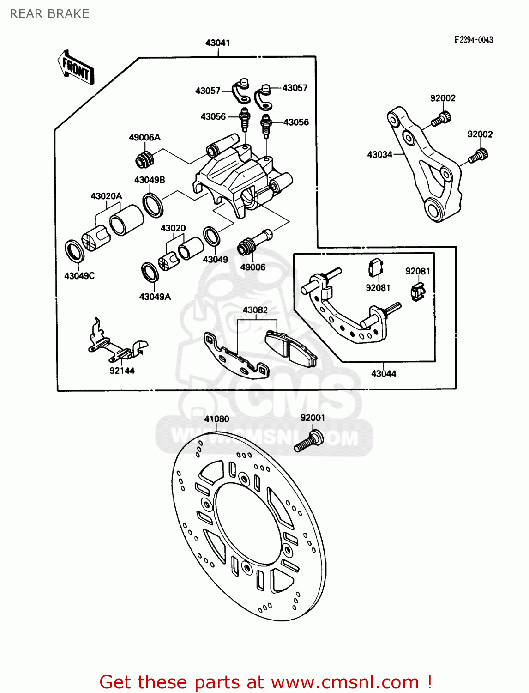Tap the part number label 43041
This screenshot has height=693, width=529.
217,43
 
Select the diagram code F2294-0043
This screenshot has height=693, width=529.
473,40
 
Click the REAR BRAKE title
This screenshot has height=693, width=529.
49,14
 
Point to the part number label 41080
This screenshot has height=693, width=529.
216,419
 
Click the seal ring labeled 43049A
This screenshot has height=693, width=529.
150,273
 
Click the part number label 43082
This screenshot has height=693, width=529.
255,310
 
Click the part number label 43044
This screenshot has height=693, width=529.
384,373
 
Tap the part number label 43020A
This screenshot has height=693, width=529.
106,196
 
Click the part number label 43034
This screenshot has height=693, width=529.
379,154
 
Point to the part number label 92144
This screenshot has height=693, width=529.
122,371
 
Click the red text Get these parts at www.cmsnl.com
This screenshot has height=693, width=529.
265,682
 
